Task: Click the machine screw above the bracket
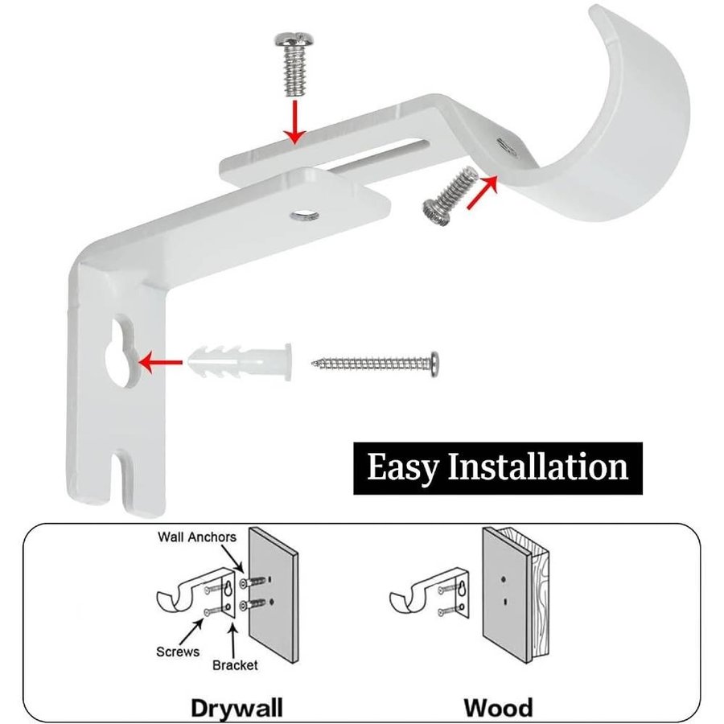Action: [x=292, y=64]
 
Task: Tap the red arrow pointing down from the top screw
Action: [x=294, y=122]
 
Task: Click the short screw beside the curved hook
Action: [x=449, y=196]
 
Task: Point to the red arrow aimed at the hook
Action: [x=483, y=191]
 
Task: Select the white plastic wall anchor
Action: [x=240, y=362]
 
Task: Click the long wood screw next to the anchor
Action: [x=376, y=364]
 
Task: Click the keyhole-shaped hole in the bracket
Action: [x=121, y=351]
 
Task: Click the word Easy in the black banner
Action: [x=401, y=467]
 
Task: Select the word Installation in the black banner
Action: [x=538, y=467]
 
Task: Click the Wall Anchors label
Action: [x=197, y=537]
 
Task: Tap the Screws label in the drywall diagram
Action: [x=178, y=652]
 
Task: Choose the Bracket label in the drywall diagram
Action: [x=235, y=665]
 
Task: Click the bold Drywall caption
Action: [x=237, y=708]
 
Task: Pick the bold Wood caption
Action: [x=498, y=707]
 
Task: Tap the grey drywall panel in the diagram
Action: [x=274, y=595]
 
